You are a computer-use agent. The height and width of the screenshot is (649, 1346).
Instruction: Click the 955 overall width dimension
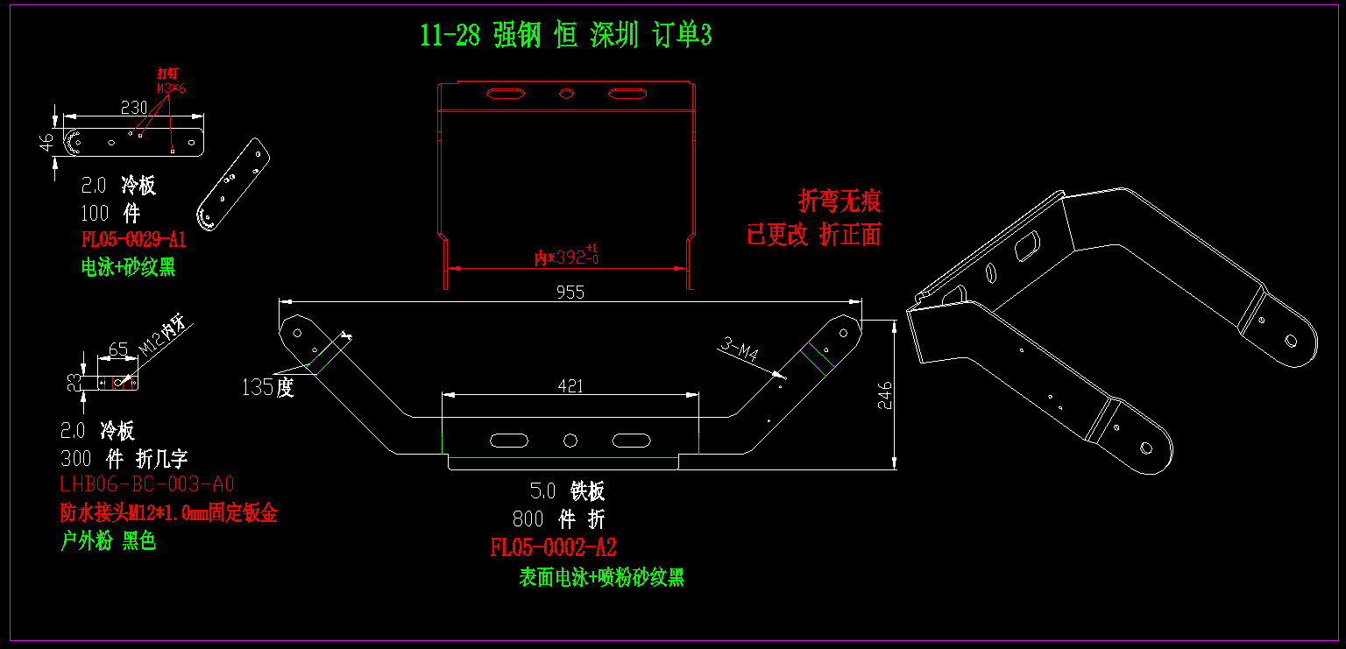tap(570, 293)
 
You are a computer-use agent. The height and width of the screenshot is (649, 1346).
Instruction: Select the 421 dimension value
tap(570, 385)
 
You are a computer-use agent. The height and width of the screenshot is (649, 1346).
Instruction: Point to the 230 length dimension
tap(133, 107)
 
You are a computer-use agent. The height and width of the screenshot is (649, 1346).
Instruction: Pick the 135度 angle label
tap(268, 387)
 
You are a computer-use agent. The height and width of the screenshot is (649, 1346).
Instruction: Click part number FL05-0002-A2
tap(553, 548)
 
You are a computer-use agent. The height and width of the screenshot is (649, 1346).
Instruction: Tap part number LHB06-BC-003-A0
tap(146, 484)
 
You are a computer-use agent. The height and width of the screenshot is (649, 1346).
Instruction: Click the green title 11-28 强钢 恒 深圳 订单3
tap(565, 36)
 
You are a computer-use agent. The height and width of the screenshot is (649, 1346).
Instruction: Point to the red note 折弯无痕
tap(839, 201)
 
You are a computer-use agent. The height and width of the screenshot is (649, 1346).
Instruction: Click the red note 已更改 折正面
tap(813, 235)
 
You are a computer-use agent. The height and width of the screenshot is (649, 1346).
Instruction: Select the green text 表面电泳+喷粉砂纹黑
tap(601, 577)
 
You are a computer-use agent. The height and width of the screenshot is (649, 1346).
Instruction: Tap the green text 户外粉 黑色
tap(108, 541)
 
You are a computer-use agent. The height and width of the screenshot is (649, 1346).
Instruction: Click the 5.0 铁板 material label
tap(567, 491)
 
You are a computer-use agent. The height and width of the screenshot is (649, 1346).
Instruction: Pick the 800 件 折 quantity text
tap(558, 519)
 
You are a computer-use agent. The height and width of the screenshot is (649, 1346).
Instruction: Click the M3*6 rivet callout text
tap(172, 88)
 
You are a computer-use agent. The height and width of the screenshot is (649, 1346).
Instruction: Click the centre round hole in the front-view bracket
tap(570, 440)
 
